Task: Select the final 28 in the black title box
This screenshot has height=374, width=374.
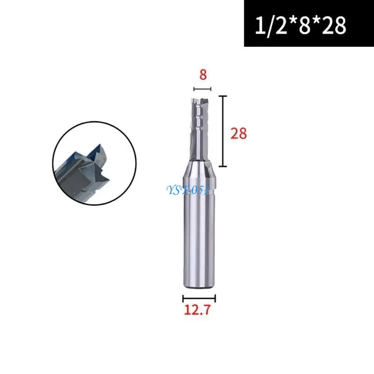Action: [333, 25]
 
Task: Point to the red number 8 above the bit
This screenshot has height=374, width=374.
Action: [203, 75]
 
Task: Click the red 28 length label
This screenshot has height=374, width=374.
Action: [238, 134]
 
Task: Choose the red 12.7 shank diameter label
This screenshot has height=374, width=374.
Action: [199, 309]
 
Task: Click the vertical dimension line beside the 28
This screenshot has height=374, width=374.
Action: [224, 131]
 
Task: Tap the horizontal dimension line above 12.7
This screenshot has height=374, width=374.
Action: [199, 297]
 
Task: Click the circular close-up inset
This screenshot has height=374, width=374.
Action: [94, 163]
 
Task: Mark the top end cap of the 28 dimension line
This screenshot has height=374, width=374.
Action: [224, 96]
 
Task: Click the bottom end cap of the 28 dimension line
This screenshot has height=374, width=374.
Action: [224, 167]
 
